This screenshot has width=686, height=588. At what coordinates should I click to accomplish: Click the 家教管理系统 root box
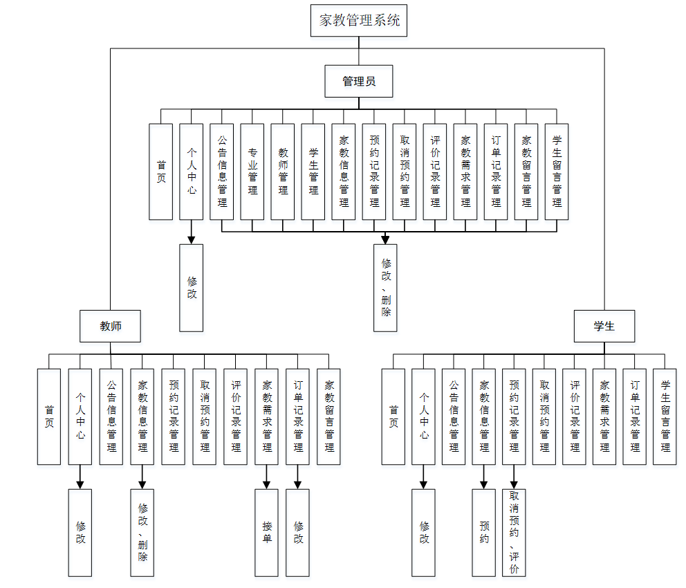[359, 20]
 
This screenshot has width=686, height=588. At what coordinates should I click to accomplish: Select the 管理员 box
[359, 82]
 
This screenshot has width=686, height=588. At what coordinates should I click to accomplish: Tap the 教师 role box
[111, 326]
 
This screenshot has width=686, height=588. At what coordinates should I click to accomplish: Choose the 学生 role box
[604, 326]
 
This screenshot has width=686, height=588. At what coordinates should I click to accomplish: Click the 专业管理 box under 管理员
[252, 172]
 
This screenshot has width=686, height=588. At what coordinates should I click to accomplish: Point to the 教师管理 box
[283, 172]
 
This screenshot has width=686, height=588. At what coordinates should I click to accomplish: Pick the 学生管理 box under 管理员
[313, 172]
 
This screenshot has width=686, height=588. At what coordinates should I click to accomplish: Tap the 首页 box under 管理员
[161, 172]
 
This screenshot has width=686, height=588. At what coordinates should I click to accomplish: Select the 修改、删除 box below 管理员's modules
[386, 288]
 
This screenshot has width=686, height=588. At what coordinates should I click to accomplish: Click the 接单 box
[267, 533]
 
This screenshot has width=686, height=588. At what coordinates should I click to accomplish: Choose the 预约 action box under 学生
[484, 533]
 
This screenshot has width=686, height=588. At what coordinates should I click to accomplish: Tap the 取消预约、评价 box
[514, 533]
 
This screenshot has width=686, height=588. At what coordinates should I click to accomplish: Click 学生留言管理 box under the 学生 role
[665, 416]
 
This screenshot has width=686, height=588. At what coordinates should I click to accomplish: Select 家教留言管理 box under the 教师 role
[329, 416]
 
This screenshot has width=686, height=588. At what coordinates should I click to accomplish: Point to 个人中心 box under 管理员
[192, 172]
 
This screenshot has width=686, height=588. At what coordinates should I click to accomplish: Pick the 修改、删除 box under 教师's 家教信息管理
[142, 533]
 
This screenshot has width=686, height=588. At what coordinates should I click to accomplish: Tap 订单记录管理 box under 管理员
[496, 172]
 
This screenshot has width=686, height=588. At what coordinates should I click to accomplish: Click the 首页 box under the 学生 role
[393, 416]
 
